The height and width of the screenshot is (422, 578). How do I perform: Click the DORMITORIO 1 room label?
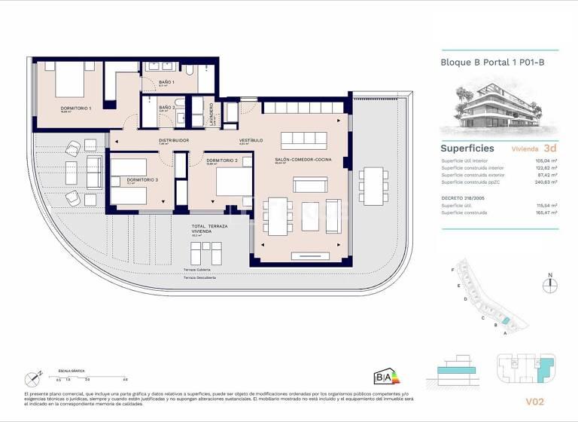tap(76, 109)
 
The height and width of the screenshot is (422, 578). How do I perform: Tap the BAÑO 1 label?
tap(166, 82)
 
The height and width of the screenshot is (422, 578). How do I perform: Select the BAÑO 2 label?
tap(167, 108)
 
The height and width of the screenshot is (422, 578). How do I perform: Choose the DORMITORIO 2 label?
tap(222, 161)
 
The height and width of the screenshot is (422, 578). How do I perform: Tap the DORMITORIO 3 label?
tap(142, 180)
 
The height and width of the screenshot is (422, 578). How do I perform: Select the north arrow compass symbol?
tap(550, 284)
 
